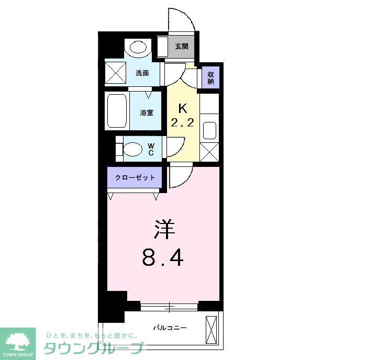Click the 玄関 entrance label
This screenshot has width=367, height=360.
(181, 47)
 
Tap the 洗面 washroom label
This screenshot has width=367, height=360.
(142, 73)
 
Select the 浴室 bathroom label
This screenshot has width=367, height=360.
(147, 113)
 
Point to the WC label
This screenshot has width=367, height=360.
(150, 149)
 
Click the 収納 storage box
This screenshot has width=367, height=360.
(210, 77)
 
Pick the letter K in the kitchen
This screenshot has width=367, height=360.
(183, 109)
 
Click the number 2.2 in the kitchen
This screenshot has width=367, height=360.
(183, 123)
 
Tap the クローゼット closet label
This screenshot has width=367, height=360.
(136, 178)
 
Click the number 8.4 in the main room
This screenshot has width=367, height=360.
(162, 257)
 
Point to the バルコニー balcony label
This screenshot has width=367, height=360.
(170, 328)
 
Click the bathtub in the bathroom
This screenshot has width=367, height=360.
(117, 111)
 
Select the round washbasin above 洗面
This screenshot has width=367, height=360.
(138, 48)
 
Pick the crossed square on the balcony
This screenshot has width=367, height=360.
(212, 330)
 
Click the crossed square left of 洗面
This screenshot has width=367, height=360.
(116, 73)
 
